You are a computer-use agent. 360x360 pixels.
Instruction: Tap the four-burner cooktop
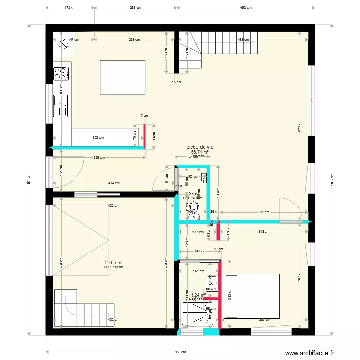(60, 73)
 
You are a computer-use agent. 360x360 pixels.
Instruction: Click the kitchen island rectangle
(122, 78)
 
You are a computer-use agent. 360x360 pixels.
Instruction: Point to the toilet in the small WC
(194, 213)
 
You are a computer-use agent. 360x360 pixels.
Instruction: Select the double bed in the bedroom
(252, 296)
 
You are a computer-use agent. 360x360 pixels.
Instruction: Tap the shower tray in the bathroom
(197, 312)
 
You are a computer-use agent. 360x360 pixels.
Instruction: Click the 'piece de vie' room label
(200, 147)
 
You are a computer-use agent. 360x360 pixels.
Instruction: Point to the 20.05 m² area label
(113, 263)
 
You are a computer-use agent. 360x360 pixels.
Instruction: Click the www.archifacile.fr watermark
(309, 353)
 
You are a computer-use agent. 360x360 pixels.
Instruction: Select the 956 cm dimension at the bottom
(180, 352)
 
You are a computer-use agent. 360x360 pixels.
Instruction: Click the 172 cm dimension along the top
(70, 8)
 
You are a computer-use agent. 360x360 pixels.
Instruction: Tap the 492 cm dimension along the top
(246, 8)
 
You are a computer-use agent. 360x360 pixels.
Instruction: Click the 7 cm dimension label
(144, 116)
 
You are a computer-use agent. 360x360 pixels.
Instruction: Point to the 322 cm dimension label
(98, 138)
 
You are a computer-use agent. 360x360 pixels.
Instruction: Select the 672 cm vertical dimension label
(299, 126)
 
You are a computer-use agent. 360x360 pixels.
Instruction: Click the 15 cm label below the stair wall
(177, 82)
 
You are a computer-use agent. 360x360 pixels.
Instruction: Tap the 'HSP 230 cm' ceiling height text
(113, 267)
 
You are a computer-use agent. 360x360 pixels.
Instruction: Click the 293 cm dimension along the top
(135, 8)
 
